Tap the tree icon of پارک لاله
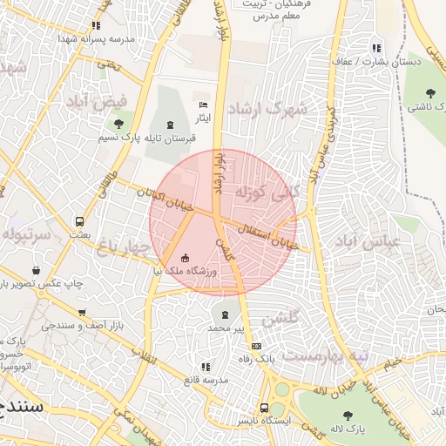[x=348, y=416]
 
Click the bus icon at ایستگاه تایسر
[x=264, y=408]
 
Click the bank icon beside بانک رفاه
[x=255, y=347]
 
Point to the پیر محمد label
[x=226, y=328]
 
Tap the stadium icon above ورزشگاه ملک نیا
[x=185, y=257]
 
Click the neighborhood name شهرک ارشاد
[x=267, y=109]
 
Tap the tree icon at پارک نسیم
[x=118, y=124]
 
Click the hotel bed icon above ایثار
[x=204, y=105]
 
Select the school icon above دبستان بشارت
[x=375, y=49]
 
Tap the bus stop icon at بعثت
[x=80, y=222]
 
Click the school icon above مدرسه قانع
[x=205, y=368]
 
